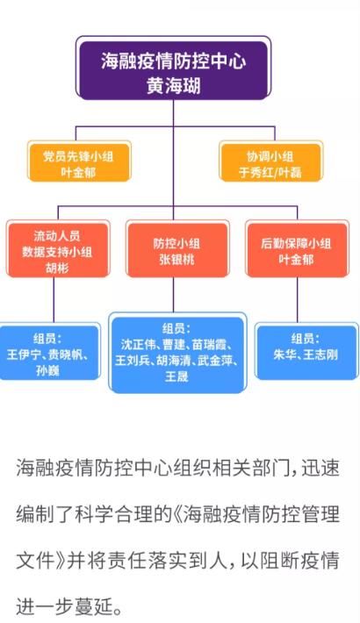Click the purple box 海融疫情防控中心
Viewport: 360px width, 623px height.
[174, 70]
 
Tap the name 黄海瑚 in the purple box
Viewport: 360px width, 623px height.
[174, 85]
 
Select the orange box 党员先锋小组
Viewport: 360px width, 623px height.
[79, 162]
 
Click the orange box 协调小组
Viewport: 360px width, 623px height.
[270, 162]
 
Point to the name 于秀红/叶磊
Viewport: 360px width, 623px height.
[270, 172]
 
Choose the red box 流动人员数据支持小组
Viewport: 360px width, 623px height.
[58, 250]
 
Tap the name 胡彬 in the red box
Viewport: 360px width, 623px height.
[57, 268]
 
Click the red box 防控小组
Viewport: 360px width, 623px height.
[176, 250]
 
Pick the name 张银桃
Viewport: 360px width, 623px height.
[176, 260]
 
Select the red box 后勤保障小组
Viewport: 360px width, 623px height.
[297, 250]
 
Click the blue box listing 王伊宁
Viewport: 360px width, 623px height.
[48, 353]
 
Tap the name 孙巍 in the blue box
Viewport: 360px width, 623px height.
[47, 370]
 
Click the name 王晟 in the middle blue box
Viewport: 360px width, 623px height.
[176, 376]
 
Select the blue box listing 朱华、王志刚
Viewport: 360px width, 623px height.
[306, 352]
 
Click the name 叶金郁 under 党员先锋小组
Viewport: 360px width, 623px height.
[78, 172]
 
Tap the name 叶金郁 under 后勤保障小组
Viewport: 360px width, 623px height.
[296, 260]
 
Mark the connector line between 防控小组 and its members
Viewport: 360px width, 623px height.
[173, 295]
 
